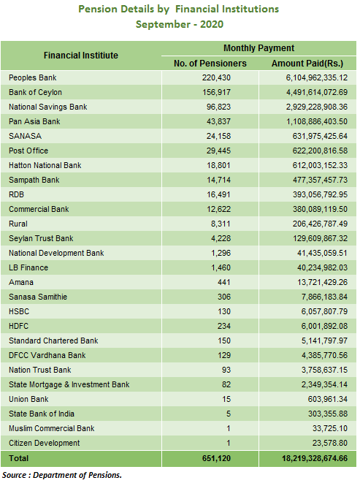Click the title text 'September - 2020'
coord(180,24)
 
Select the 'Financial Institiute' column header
coord(80,56)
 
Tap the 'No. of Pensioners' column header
coord(210,64)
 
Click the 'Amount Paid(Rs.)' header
coord(307,64)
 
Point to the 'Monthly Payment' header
coord(258,48)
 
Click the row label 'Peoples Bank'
coord(33,77)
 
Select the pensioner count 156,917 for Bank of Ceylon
coord(216,92)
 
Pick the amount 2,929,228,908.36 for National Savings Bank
coord(317,107)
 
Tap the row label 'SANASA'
coord(25,136)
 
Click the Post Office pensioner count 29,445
coord(218,151)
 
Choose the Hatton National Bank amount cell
coord(320,165)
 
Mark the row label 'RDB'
coord(16,194)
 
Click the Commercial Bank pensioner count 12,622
coord(218,209)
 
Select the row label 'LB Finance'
coord(28,267)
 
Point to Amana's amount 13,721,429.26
coord(322,282)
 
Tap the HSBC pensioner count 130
coord(224,311)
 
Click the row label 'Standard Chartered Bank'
coord(53,341)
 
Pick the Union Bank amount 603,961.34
coord(328,399)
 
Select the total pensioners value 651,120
coord(216,458)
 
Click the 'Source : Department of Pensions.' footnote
coord(62,475)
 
